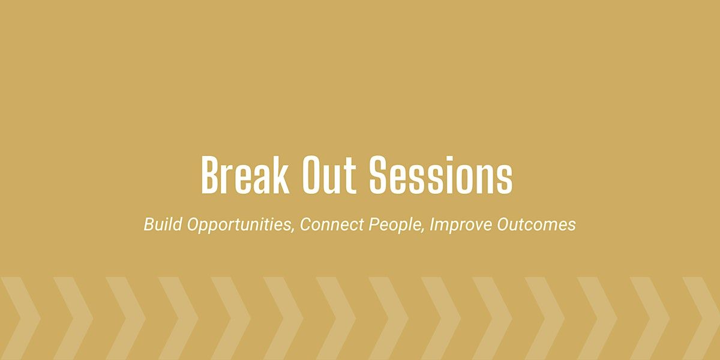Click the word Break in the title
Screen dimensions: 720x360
pos(245,175)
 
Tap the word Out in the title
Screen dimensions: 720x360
pos(329,175)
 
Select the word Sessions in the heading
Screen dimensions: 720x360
pos(440,175)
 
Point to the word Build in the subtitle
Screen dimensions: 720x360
pos(163,224)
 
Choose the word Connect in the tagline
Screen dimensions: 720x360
pos(332,224)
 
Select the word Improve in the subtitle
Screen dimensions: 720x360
pos(461,224)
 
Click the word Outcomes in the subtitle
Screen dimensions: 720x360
pos(536,224)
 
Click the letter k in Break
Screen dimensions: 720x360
pos(281,175)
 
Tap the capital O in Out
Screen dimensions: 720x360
pos(313,175)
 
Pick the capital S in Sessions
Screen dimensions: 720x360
pos(379,175)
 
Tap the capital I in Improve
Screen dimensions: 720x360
pos(433,224)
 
